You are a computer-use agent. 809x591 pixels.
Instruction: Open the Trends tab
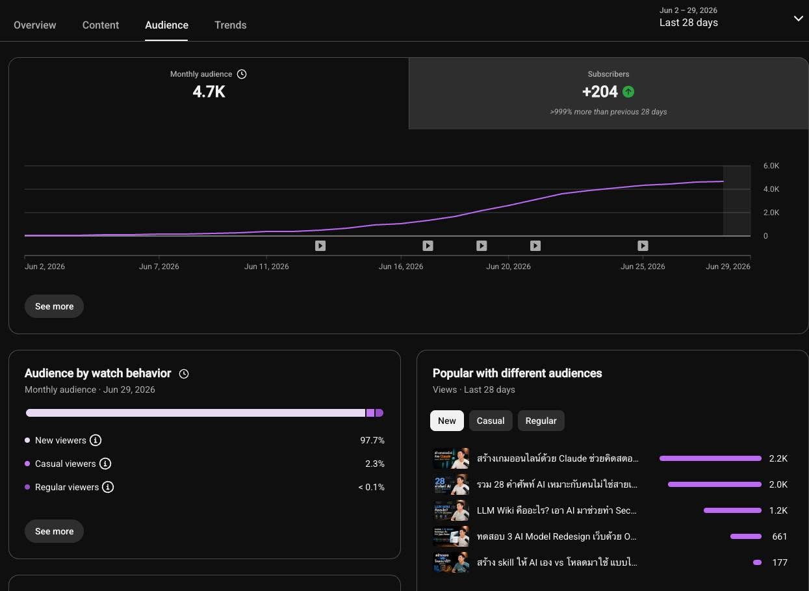(231, 25)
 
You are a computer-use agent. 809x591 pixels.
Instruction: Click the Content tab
(101, 25)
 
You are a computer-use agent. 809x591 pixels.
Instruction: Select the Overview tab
(34, 25)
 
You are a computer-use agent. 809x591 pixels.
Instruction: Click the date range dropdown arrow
(798, 18)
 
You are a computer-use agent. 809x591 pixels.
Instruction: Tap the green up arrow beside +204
(628, 92)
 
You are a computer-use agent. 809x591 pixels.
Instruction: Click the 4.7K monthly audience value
(209, 92)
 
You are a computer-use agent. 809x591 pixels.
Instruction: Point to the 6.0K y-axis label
(771, 166)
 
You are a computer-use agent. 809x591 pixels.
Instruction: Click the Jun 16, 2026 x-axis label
(400, 267)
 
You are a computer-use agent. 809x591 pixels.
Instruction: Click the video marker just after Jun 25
(643, 246)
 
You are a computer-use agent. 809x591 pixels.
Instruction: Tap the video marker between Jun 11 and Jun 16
(320, 246)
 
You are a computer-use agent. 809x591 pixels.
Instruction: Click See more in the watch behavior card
(54, 531)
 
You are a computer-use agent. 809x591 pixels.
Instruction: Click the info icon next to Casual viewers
(105, 464)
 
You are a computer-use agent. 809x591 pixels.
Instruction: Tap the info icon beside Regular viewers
(108, 487)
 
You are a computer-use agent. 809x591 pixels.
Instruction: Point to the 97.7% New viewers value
(372, 440)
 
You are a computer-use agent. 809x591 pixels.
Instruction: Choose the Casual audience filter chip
(491, 421)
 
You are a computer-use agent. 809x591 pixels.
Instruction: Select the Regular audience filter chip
(541, 421)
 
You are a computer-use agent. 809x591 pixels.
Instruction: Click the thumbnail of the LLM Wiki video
(451, 510)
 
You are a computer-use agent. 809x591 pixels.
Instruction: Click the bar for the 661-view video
(745, 536)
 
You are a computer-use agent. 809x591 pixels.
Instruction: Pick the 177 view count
(779, 562)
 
